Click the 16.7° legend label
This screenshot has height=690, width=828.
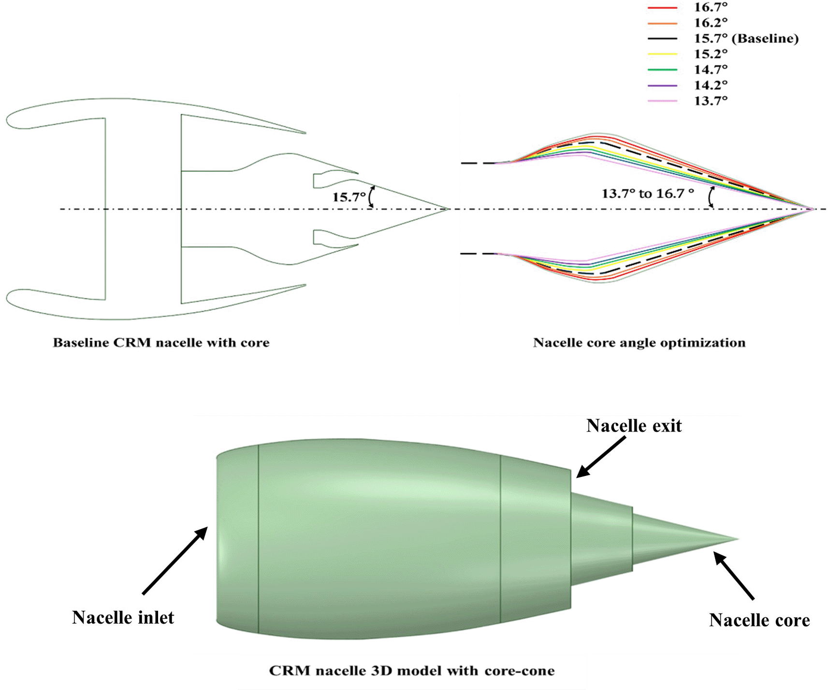(x=710, y=7)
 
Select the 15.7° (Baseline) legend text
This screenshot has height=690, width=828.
(x=746, y=38)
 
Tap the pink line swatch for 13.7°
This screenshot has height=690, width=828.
(x=662, y=101)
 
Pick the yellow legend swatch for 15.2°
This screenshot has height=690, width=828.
(x=662, y=54)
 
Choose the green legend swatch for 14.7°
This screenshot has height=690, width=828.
(x=662, y=70)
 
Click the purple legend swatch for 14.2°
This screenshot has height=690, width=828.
(x=662, y=85)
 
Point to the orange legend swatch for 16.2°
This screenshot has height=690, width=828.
(x=662, y=23)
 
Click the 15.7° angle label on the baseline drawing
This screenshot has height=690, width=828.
(x=349, y=197)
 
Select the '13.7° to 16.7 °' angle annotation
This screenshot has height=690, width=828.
(x=647, y=194)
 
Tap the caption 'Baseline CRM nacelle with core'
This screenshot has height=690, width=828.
(x=161, y=343)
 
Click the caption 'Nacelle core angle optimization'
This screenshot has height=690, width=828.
(x=639, y=343)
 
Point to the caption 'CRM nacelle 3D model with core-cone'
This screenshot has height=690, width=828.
(x=411, y=671)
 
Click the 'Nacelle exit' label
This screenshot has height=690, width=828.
(x=634, y=426)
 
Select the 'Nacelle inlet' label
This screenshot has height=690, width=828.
(x=123, y=618)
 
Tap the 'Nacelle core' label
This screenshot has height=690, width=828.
(x=759, y=620)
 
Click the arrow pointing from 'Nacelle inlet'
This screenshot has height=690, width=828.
(x=175, y=561)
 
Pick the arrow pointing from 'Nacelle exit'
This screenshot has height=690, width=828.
(x=601, y=457)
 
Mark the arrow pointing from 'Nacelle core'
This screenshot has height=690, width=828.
(x=734, y=576)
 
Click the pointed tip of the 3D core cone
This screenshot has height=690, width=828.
(x=738, y=539)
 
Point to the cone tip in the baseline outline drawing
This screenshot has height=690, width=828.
(x=449, y=209)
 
